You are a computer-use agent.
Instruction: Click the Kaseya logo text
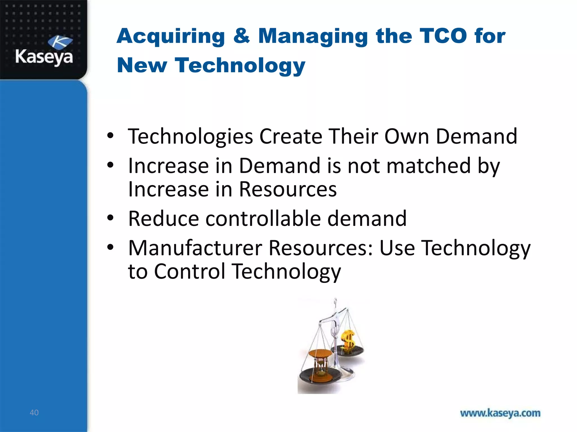click(x=44, y=57)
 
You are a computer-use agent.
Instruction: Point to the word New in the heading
click(x=142, y=65)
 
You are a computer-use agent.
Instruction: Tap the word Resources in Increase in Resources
click(x=288, y=189)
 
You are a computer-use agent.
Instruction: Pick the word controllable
click(x=263, y=219)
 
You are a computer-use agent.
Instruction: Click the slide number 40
click(x=34, y=413)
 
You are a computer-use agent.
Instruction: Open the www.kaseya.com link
click(x=500, y=413)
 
